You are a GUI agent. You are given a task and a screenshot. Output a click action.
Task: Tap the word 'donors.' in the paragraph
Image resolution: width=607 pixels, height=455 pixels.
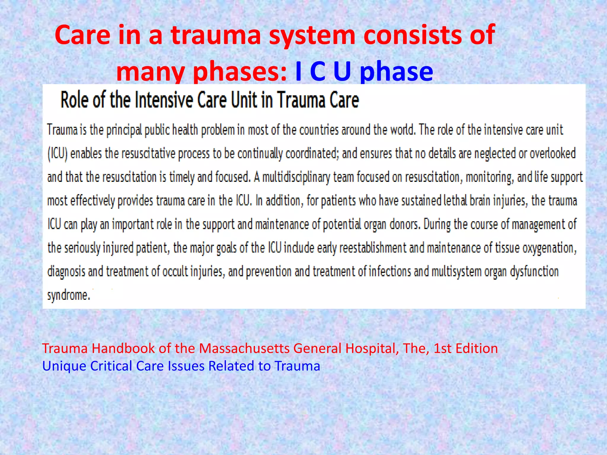pyautogui.click(x=405, y=224)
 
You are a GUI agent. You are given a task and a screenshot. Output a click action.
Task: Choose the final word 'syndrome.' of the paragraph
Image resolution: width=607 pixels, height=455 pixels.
pyautogui.click(x=69, y=295)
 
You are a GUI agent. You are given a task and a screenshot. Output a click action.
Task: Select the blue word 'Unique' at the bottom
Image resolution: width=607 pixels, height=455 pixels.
pyautogui.click(x=64, y=366)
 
